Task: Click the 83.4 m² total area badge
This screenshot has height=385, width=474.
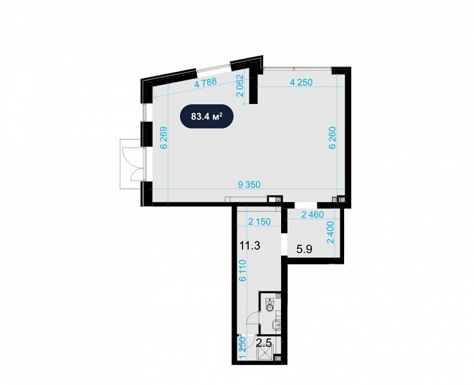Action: [207, 116]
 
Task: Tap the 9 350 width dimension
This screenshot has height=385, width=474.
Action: [249, 185]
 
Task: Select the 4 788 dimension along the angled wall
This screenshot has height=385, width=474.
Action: [206, 82]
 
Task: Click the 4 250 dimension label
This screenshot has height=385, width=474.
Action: [301, 82]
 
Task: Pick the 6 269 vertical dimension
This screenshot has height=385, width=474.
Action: [164, 137]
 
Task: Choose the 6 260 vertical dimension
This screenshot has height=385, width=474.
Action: [333, 138]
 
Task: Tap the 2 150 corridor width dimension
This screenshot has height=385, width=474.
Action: [259, 221]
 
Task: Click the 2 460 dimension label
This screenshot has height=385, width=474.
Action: [313, 215]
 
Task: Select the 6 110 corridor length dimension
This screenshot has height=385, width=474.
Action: [242, 270]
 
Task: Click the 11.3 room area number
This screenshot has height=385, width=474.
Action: [250, 246]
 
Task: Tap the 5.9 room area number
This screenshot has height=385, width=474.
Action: [304, 250]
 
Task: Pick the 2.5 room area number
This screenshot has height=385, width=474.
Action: [263, 343]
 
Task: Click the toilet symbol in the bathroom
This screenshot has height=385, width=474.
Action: [269, 305]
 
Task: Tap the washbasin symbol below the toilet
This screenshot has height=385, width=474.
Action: [276, 325]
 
